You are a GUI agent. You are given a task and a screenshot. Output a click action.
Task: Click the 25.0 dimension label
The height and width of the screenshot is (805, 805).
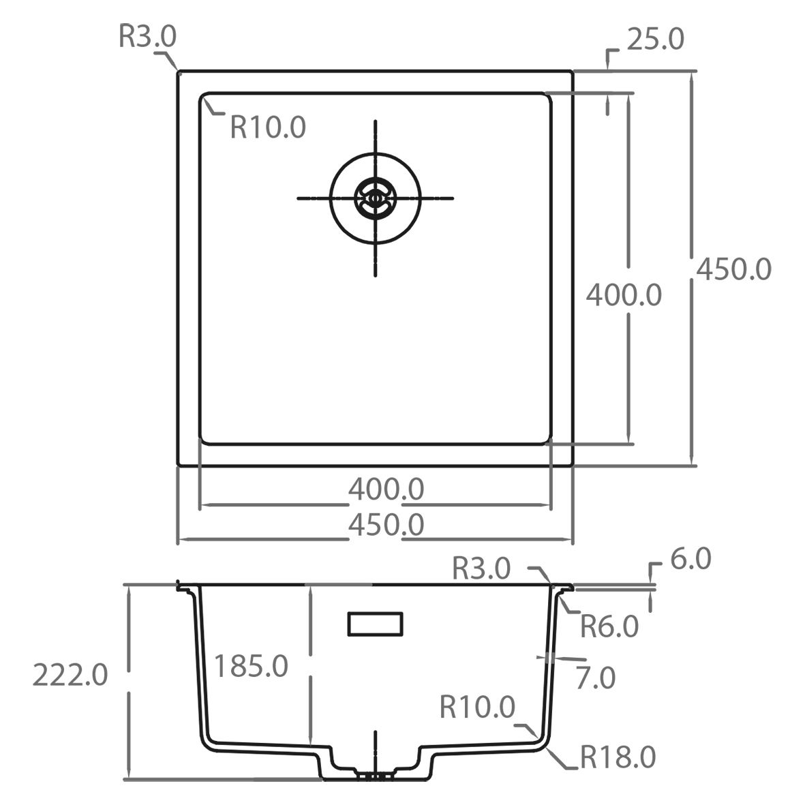654,40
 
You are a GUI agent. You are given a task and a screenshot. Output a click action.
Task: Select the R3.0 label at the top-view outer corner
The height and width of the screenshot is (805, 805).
147,37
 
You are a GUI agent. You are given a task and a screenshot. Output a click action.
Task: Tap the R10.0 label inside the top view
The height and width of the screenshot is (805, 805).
268,127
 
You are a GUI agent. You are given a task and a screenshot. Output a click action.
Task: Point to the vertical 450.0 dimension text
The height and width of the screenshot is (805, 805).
733,269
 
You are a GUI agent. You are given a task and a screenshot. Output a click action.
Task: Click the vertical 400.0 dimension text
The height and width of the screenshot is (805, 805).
624,295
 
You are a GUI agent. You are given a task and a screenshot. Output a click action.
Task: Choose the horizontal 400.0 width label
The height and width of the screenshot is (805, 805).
386,489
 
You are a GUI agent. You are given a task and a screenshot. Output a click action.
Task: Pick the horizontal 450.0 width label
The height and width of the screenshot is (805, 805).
386,525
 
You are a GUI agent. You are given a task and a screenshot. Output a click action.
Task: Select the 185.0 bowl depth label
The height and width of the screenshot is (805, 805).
251,665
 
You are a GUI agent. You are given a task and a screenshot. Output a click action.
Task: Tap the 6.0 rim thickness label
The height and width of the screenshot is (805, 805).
690,560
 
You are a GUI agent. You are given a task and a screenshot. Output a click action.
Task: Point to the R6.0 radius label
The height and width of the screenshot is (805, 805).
609,625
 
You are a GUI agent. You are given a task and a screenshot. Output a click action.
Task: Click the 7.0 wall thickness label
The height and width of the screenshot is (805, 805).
596,678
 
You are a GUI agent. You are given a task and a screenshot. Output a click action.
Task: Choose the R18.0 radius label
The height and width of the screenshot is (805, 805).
618,757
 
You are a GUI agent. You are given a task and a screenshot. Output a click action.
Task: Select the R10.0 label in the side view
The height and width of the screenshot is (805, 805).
477,708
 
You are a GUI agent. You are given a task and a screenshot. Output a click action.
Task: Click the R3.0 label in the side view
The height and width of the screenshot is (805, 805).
481,568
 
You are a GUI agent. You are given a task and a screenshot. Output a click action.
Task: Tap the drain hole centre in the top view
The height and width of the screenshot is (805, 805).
375,198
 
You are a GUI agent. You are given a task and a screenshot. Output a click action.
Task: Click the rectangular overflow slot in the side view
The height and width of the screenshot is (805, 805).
376,623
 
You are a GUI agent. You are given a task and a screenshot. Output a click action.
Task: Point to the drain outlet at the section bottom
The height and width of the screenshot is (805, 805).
374,775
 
